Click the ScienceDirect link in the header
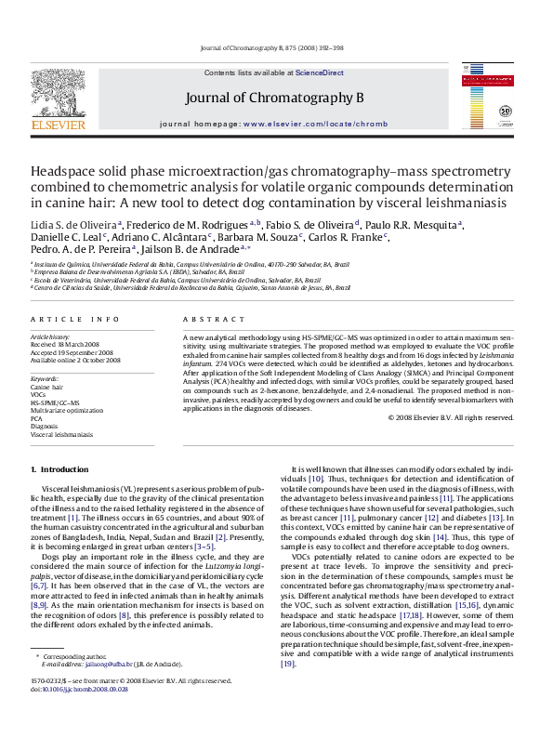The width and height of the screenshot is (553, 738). coord(319,72)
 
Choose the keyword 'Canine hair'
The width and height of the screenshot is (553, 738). coord(46,387)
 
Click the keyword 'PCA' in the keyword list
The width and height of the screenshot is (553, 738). coord(37,417)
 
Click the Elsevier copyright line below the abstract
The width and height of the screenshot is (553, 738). coord(450,417)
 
